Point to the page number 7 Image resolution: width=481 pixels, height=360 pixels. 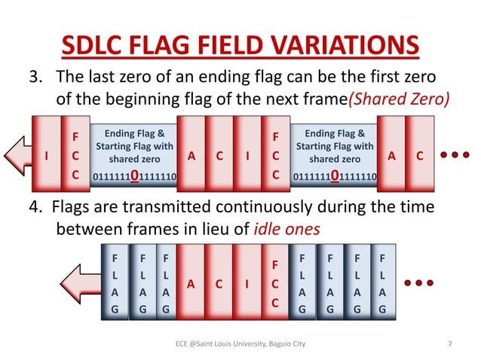[x=450, y=344]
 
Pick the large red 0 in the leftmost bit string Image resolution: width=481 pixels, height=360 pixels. [x=133, y=177]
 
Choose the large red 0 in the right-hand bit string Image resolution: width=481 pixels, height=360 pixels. [x=334, y=177]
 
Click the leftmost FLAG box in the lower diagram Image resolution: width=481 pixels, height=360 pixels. [x=115, y=284]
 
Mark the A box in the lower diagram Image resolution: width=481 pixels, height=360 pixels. [x=191, y=284]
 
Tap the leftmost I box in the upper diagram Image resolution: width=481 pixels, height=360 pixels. [x=47, y=156]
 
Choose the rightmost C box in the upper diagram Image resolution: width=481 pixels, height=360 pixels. [x=420, y=156]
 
